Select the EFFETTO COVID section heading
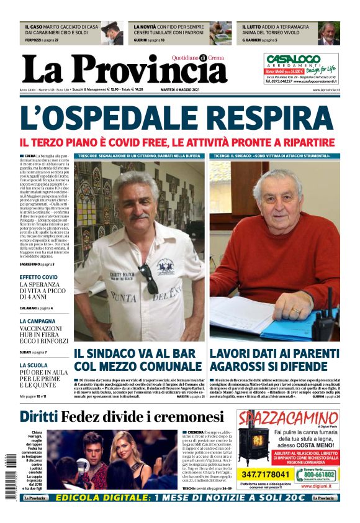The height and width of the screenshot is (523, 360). click(x=38, y=276)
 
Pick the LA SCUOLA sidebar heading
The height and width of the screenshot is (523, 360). click(x=34, y=365)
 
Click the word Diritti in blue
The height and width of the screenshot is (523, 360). click(x=38, y=416)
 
